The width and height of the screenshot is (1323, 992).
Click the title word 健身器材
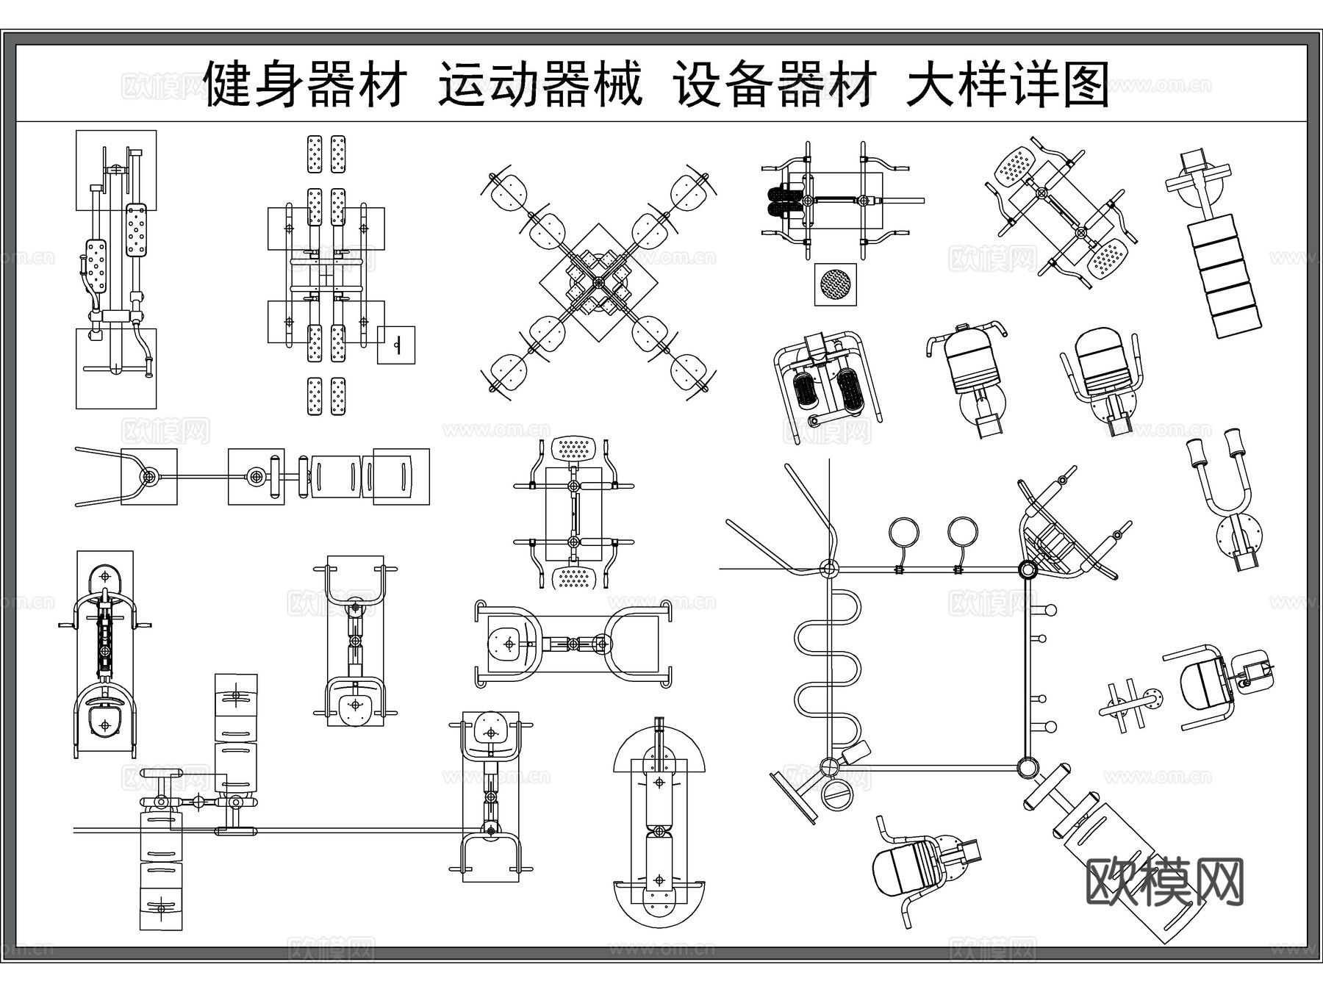[304, 85]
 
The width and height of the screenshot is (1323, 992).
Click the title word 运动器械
[540, 85]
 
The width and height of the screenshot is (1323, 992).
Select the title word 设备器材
[775, 85]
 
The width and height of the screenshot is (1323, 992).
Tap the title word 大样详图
[1008, 85]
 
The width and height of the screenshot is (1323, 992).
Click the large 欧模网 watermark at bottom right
[1164, 883]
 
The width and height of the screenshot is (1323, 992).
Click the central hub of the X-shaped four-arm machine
[598, 282]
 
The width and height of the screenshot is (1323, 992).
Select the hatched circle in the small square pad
[835, 284]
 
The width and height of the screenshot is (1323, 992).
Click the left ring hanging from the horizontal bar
[903, 532]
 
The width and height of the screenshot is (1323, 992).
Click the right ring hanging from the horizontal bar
[962, 532]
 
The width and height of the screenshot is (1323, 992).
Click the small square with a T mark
[396, 345]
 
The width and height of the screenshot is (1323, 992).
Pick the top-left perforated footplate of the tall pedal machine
[315, 154]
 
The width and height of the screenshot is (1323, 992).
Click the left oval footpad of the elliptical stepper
[806, 389]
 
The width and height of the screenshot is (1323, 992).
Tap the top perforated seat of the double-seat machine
[574, 448]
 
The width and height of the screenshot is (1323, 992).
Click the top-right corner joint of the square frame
[1027, 569]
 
